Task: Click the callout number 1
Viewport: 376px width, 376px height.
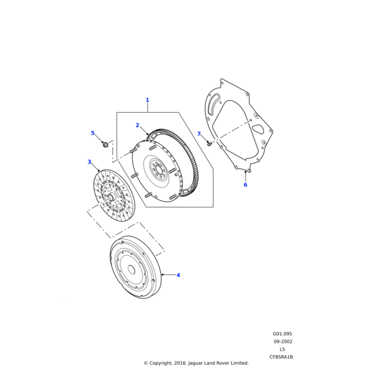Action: (147, 100)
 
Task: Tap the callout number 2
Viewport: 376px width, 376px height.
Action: (137, 125)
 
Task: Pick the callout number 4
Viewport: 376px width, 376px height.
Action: (178, 274)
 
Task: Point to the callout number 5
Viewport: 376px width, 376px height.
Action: (93, 133)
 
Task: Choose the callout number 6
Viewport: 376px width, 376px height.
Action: (245, 185)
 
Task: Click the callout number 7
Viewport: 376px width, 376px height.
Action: (199, 134)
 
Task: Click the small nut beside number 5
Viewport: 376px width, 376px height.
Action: (105, 145)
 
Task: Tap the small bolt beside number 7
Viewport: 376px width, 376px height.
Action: (209, 144)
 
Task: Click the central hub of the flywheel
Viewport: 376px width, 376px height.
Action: (157, 169)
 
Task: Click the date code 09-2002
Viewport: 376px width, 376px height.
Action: (283, 342)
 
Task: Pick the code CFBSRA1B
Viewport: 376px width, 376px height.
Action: (281, 357)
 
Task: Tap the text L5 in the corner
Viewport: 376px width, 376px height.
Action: (282, 349)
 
